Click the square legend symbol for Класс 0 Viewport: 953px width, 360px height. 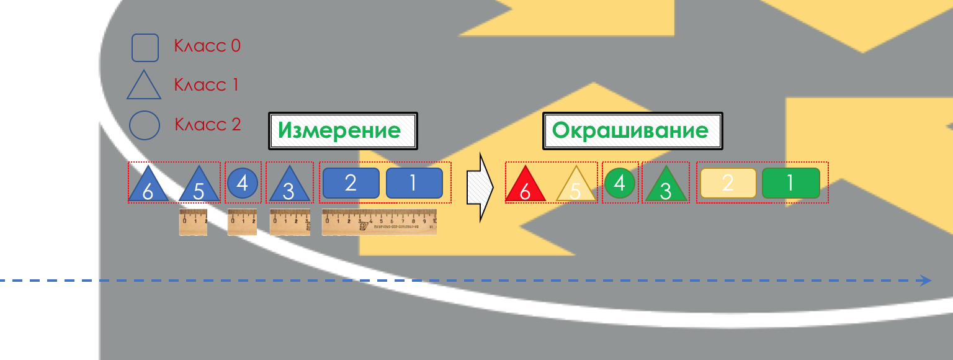145,48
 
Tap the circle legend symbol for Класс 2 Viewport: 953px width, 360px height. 145,125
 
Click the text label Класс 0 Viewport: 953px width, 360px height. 207,46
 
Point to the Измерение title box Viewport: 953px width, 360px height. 343,131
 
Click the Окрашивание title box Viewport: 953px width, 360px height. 633,131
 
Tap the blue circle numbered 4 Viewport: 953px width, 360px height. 243,183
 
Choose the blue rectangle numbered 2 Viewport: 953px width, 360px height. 351,183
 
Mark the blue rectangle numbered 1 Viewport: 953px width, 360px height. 414,183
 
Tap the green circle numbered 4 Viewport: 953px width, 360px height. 620,183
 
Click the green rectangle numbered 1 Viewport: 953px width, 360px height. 791,183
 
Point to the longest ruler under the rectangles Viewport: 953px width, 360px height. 379,222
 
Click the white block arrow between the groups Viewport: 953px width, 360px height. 480,187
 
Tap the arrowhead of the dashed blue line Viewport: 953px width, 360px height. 926,281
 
